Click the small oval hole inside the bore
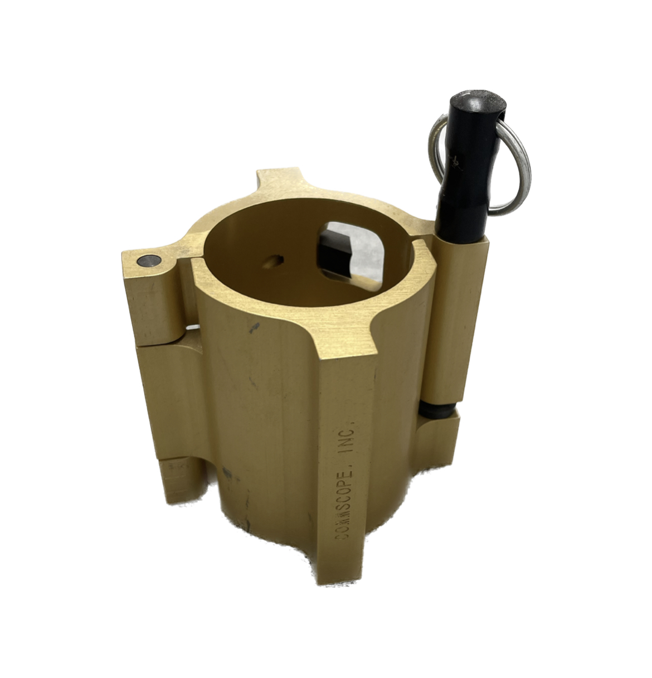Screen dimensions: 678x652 pyautogui.click(x=275, y=260)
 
